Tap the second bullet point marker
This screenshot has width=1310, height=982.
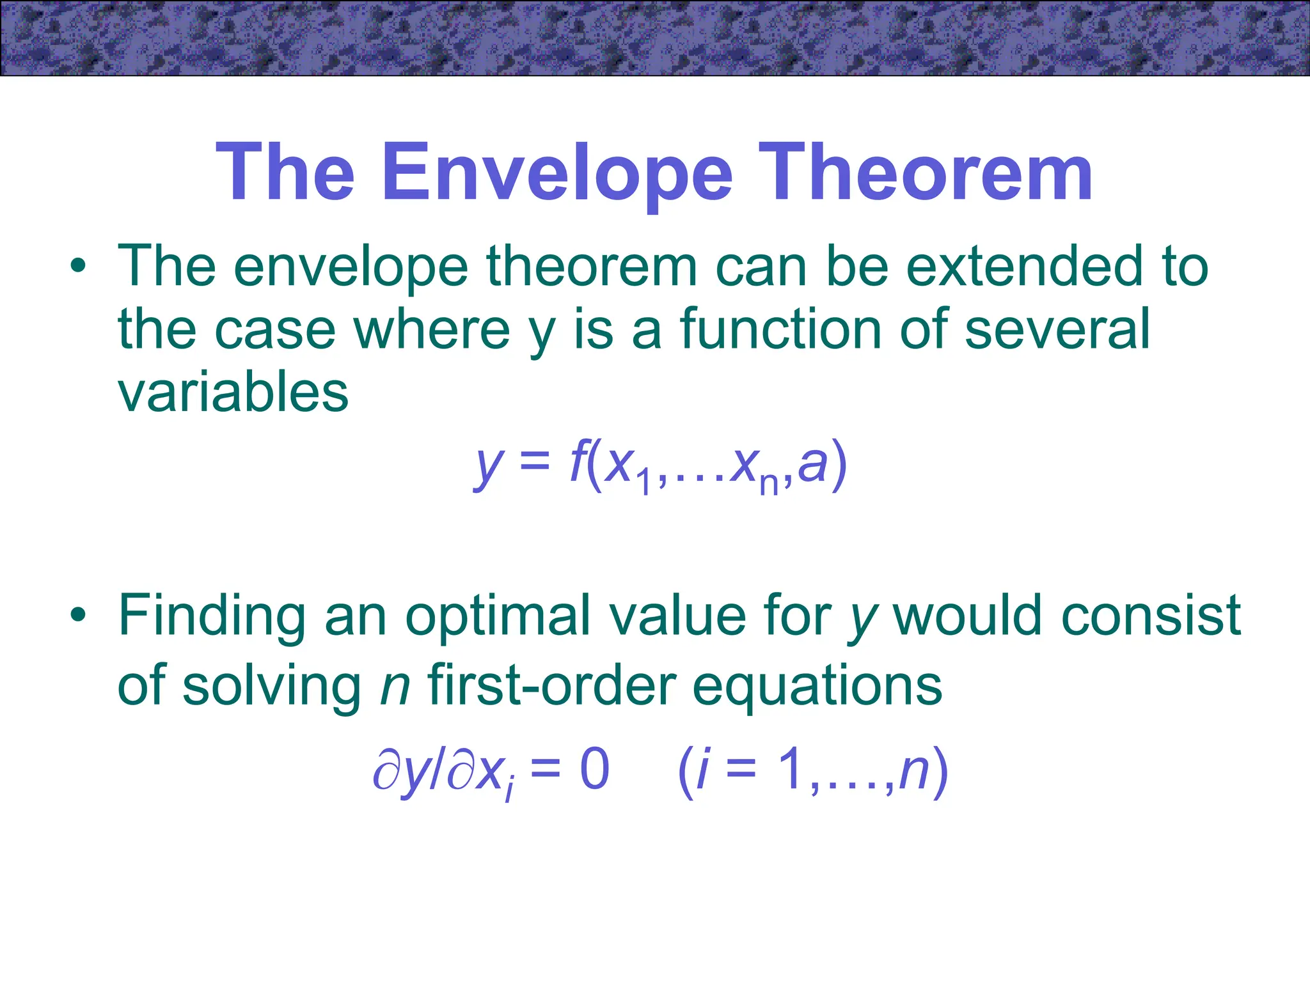pos(78,615)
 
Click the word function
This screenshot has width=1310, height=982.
pos(782,330)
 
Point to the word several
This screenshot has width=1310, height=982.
pos(1057,330)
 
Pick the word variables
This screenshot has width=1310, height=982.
pos(233,393)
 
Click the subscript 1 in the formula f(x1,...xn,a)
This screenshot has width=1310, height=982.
pos(644,482)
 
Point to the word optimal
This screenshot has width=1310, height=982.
pos(498,616)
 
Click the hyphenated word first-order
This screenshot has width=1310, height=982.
pos(551,685)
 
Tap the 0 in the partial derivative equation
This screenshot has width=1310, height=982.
pos(594,770)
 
